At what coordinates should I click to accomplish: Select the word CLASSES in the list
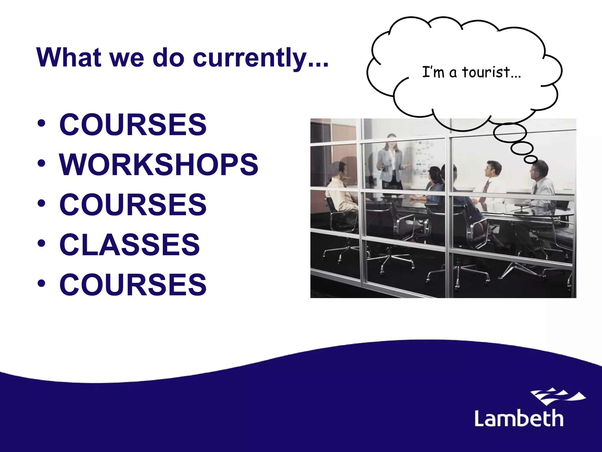tap(130, 244)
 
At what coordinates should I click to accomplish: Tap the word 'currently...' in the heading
tap(260, 58)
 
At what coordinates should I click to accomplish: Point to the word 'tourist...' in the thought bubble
tap(491, 72)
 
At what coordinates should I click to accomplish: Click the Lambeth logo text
tap(519, 418)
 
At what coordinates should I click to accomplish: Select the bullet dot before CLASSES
tap(41, 243)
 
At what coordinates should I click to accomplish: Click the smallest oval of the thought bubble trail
tap(531, 159)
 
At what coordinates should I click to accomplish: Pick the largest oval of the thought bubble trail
tap(509, 132)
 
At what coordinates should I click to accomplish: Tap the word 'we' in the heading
tap(127, 58)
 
